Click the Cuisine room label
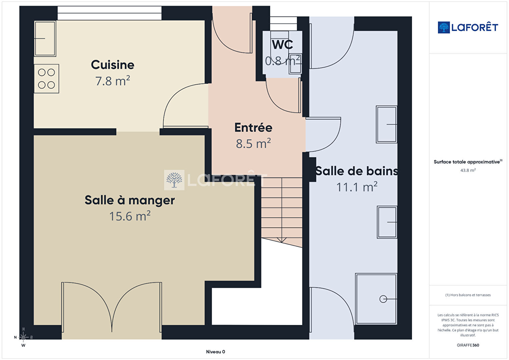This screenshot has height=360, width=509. point(112,65)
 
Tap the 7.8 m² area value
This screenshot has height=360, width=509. point(112,81)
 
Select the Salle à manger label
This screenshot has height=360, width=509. point(130,201)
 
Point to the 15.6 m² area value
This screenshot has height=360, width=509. point(130,216)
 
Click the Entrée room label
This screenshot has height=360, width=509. point(253,127)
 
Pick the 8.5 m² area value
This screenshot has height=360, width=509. point(253,143)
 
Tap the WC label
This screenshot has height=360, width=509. point(282,45)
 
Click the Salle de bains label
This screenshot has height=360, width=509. point(357,171)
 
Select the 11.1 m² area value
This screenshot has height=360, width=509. point(357,187)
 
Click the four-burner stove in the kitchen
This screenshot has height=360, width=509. point(47,79)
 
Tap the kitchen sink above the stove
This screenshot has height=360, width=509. point(45,38)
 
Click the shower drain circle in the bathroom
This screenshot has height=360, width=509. point(383,299)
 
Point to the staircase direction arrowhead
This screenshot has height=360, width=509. point(282,240)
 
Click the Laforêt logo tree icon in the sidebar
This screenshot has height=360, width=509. point(444,27)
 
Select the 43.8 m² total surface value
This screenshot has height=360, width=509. point(468,170)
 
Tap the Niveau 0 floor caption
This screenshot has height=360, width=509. point(215,352)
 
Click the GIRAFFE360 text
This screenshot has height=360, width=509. point(468,345)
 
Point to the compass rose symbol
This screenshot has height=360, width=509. point(23,337)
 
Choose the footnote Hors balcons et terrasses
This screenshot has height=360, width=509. point(468,295)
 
